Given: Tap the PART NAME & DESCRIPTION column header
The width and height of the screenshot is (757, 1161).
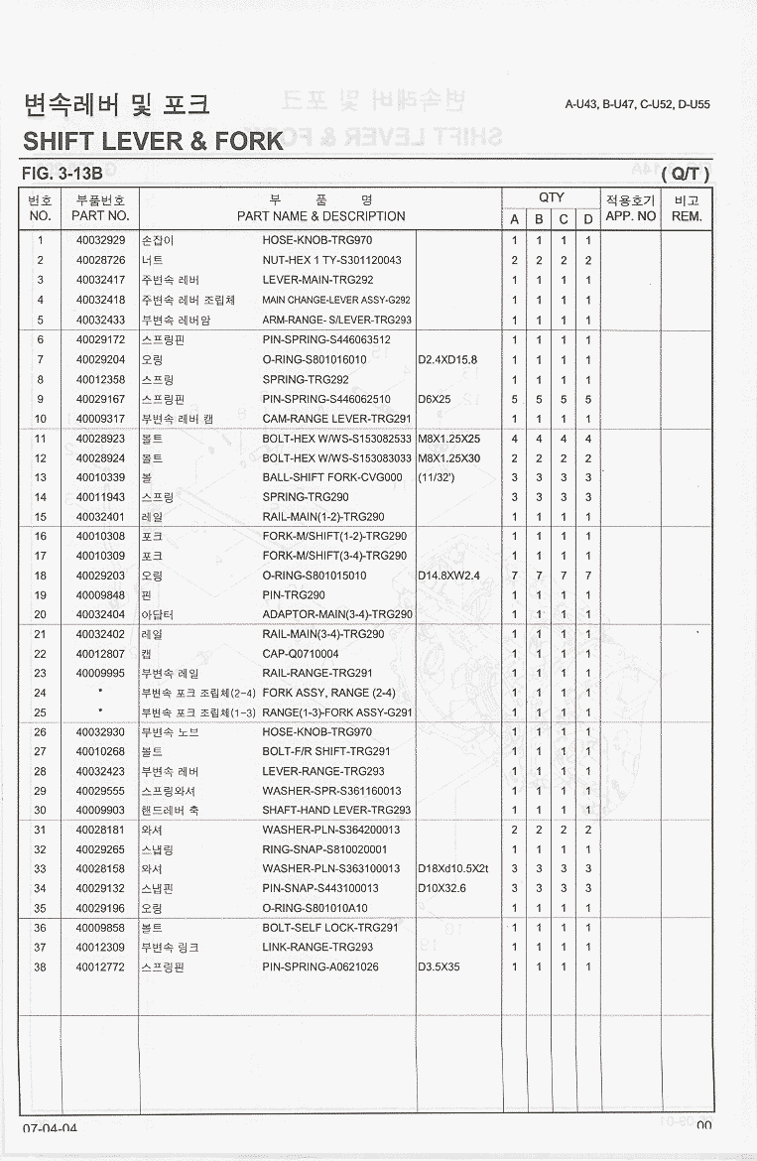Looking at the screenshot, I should pos(320,216).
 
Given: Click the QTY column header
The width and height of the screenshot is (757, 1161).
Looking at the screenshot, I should pos(552,197).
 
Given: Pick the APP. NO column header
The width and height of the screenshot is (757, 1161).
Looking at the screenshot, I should pos(631,215).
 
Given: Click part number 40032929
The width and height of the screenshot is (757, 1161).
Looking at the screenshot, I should pos(100,241).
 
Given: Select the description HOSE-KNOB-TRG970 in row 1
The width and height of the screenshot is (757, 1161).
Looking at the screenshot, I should pos(323,241).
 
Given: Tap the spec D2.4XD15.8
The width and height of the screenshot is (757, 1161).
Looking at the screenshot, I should pos(447,359).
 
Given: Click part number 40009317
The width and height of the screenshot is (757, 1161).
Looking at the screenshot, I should pos(100,419).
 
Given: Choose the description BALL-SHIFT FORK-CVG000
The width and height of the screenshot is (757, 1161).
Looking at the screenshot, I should pos(332,477).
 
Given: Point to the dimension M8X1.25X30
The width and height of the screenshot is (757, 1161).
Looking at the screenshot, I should pos(448,458).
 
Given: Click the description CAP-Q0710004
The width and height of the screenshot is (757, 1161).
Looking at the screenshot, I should pos(301,654).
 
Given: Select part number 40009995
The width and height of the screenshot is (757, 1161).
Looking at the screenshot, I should pos(100,673).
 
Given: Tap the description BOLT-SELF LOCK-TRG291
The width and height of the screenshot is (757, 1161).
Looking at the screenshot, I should pos(330,928).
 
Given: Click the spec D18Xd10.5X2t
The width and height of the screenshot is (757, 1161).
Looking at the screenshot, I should pos(453,869).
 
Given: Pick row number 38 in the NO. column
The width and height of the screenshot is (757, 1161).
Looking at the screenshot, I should pos(41,967).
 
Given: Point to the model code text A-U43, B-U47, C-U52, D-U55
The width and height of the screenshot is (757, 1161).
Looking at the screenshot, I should pos(637,104).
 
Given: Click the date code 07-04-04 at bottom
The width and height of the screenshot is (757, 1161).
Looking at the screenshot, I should pos(50,1128).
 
